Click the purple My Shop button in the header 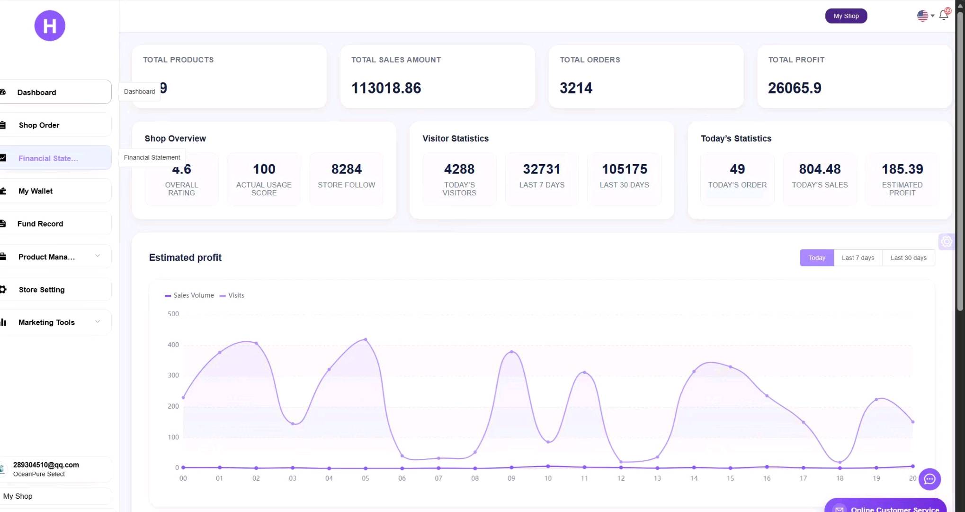coord(846,16)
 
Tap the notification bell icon coord(943,15)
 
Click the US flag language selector coord(925,16)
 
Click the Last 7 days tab coord(858,258)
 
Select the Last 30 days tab coord(909,258)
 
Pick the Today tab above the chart coord(817,258)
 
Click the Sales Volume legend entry coord(189,295)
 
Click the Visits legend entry coord(232,295)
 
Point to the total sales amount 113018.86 coord(386,88)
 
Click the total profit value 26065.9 coord(795,88)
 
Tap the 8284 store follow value coord(347,169)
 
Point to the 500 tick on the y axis coord(173,314)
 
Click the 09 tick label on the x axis coord(511,478)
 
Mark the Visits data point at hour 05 coord(366,339)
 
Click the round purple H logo coord(50,26)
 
